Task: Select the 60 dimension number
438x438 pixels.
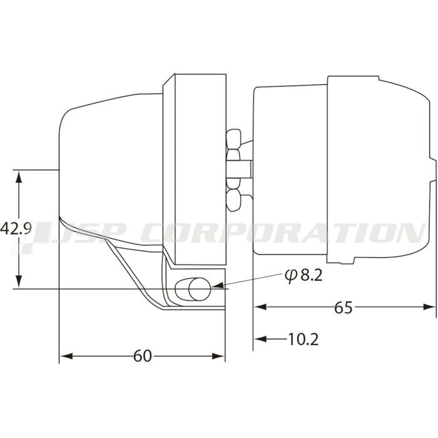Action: (x=143, y=356)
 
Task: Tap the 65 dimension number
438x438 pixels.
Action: (x=344, y=308)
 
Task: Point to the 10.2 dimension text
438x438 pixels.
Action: (x=303, y=339)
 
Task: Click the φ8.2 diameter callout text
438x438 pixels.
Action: (x=303, y=275)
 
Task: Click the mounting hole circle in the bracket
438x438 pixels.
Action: (x=200, y=289)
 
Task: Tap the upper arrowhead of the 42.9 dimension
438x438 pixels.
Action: (x=19, y=177)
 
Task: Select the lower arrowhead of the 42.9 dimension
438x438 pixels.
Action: (x=19, y=282)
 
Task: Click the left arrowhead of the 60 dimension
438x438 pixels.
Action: (x=66, y=356)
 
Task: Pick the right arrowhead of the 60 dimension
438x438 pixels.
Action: (x=218, y=356)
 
